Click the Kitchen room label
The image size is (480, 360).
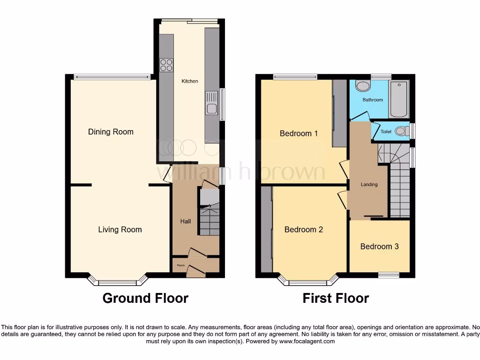[190, 81]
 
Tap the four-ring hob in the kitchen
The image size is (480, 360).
[166, 65]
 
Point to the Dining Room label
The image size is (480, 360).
[111, 132]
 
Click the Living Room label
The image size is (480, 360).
[120, 229]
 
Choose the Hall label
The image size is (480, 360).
[185, 221]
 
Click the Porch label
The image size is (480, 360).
[180, 266]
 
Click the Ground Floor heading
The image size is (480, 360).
[145, 298]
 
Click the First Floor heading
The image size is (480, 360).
[336, 298]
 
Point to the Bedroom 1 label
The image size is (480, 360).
[299, 134]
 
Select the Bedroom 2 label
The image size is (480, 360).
[303, 229]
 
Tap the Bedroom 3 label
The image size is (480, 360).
[379, 246]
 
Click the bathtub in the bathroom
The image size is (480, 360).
[399, 99]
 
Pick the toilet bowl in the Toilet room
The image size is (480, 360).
[401, 132]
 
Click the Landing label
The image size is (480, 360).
[369, 184]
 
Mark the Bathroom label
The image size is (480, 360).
[373, 100]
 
